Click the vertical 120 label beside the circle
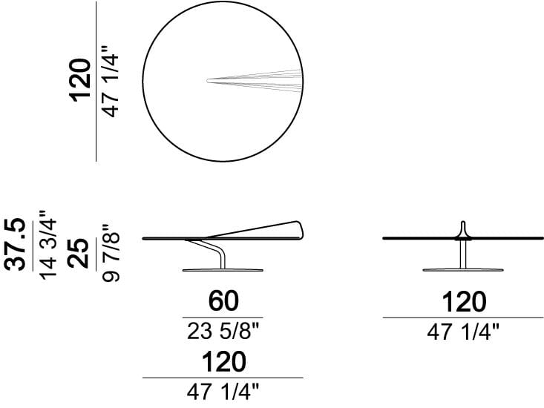[x=81, y=81]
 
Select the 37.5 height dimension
[x=15, y=244]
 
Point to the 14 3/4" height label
[x=47, y=244]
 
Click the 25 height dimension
[x=78, y=253]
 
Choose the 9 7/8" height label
[x=111, y=252]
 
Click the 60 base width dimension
[x=223, y=301]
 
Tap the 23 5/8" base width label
[x=223, y=331]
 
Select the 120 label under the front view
[x=464, y=302]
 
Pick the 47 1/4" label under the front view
[x=463, y=332]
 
